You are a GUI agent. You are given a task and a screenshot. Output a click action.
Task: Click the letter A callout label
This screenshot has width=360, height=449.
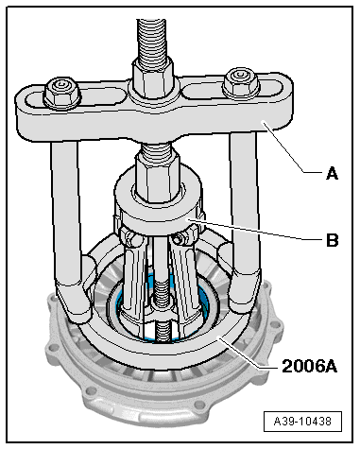[333, 174]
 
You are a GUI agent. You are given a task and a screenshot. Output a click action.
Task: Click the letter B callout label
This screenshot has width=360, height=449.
[332, 240]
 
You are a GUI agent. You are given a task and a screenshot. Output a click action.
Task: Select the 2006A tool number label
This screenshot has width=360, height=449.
[309, 366]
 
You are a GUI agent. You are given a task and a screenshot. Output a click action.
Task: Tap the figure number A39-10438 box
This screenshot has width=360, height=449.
[302, 421]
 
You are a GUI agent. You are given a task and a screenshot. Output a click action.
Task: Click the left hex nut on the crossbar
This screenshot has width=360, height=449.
[61, 92]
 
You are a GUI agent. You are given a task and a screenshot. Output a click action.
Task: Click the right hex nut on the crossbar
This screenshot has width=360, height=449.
[241, 82]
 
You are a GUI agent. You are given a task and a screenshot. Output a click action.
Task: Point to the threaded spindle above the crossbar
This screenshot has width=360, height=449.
[150, 40]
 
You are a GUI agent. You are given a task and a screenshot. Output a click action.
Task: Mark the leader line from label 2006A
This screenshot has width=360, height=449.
[249, 353]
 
